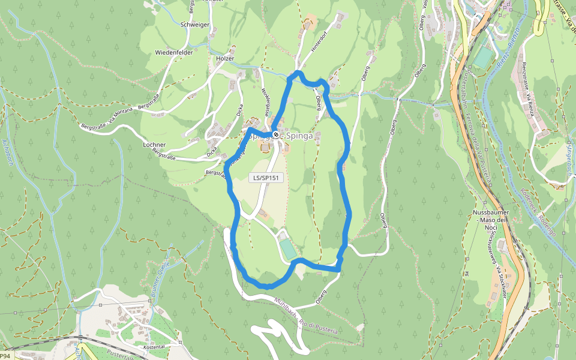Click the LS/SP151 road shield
[265, 178]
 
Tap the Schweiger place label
[195, 25]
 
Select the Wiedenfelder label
[174, 53]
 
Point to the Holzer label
[225, 59]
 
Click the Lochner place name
[154, 145]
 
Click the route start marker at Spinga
[275, 134]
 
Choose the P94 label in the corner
[5, 356]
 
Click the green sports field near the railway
[483, 57]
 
